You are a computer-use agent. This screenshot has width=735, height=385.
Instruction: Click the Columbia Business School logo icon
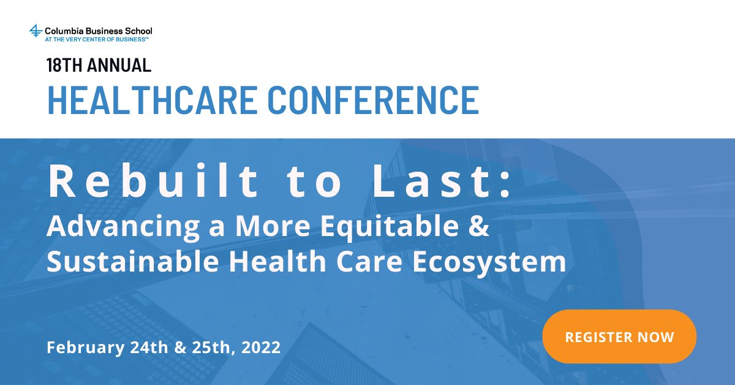tap(36, 31)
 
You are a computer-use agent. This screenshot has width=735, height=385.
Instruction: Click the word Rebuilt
tap(153, 182)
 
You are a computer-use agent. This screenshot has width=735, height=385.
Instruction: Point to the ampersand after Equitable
tap(481, 227)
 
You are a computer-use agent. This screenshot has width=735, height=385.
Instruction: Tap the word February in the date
tap(86, 348)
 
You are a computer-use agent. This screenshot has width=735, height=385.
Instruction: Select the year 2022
tap(262, 348)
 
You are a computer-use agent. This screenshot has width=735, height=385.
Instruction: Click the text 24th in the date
tap(150, 348)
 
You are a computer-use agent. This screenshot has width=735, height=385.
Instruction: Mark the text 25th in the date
tap(210, 348)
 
